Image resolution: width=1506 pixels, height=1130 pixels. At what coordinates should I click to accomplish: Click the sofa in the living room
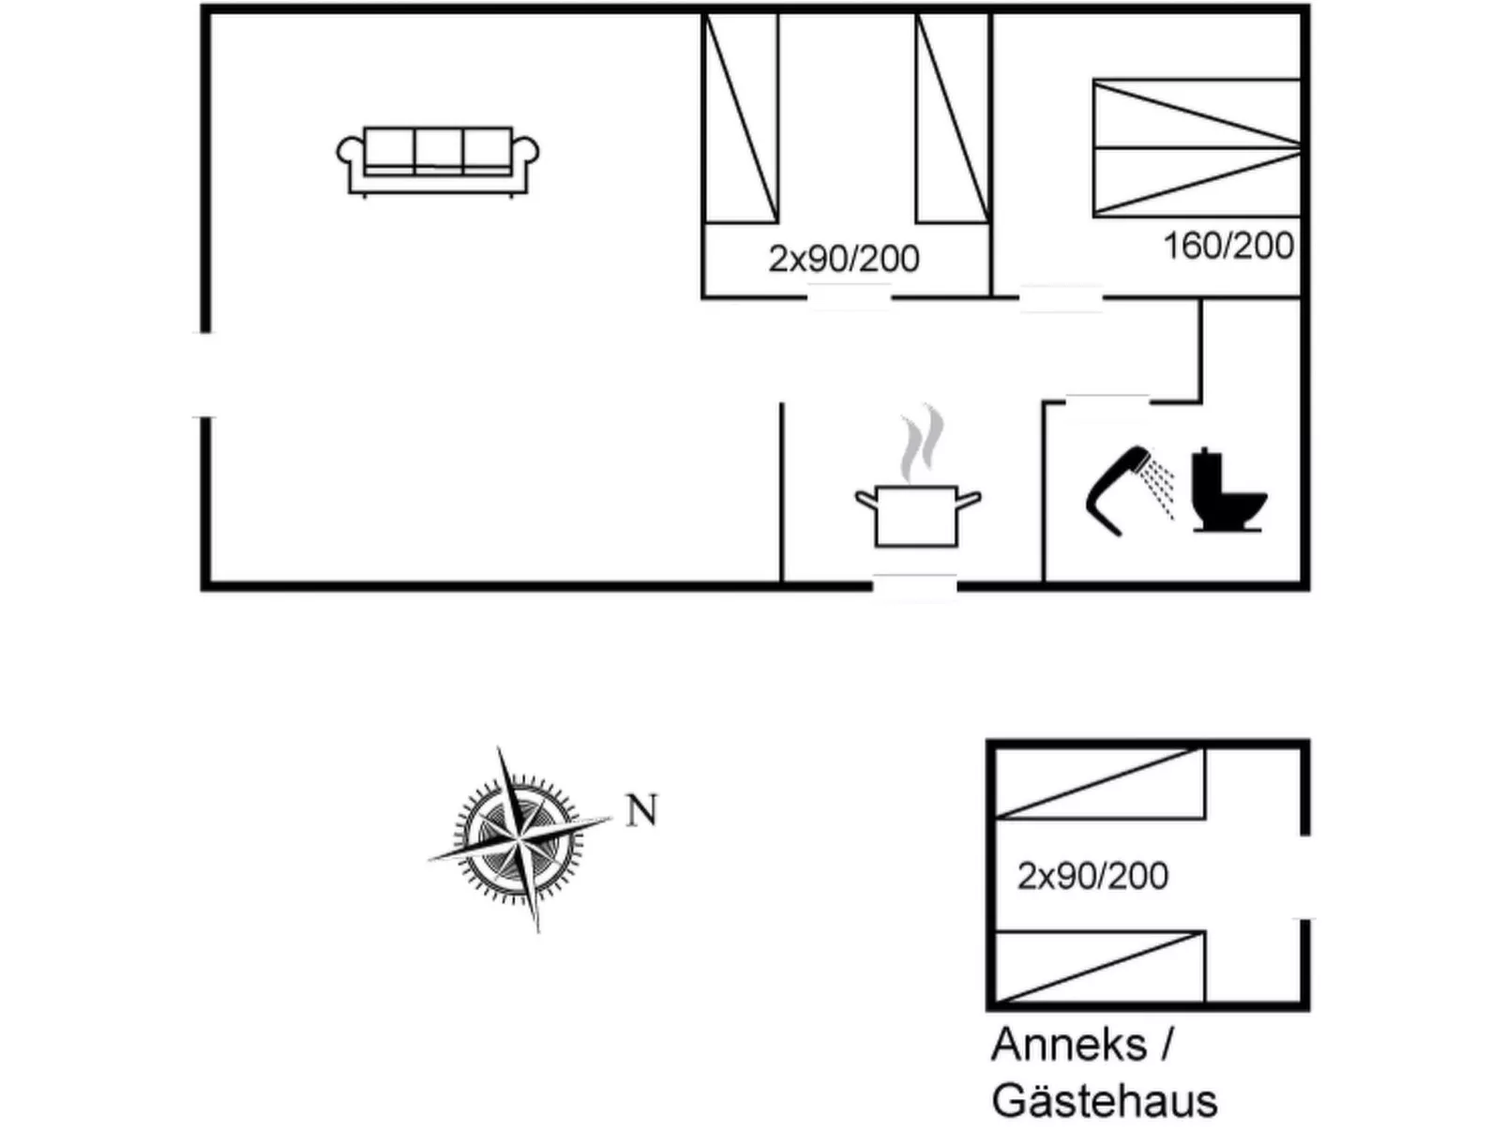pos(437,162)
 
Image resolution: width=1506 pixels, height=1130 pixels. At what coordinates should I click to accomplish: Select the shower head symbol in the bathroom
pos(1129,491)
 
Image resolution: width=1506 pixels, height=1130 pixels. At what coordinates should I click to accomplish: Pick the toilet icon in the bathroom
pos(1228,490)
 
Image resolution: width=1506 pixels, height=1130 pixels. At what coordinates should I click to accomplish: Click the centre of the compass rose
pos(520,838)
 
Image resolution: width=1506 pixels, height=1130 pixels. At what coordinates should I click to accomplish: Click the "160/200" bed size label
pos(1228,246)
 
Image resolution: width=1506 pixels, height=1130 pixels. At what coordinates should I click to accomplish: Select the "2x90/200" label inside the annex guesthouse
pos(1092,876)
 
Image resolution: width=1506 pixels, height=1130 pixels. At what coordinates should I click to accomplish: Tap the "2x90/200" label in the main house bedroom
pos(843,259)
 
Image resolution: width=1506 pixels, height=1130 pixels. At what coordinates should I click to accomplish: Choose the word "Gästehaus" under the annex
pos(1104,1101)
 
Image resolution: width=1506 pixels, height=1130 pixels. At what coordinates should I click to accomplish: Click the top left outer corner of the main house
pos(201,5)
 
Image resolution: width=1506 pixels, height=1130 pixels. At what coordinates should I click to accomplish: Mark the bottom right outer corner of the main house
pos(1310,590)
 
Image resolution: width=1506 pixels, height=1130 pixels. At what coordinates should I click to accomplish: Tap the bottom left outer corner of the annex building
pos(986,1011)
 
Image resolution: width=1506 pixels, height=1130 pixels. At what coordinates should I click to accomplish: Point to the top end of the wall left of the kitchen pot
pos(781,403)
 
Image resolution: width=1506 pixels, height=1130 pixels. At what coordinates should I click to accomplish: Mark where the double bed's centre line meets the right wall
pos(1301,147)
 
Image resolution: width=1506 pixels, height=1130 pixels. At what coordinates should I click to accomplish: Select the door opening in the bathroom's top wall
pos(1107,401)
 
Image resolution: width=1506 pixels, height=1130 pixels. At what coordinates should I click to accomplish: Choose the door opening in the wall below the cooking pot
pos(914,587)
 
